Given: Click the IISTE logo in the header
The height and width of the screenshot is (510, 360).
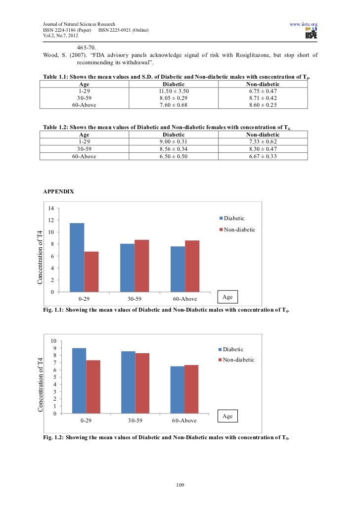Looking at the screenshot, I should (x=312, y=34).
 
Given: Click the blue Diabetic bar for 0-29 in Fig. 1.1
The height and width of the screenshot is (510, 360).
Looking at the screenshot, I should (x=77, y=257).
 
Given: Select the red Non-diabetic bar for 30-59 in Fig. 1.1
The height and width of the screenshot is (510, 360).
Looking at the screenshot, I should (x=141, y=266).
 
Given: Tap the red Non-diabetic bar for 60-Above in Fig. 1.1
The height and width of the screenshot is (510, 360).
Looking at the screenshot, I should (x=192, y=266).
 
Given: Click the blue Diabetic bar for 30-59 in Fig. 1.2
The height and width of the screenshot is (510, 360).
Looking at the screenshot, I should (x=128, y=382).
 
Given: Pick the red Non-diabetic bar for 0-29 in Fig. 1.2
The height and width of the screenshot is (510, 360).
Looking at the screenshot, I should (x=93, y=387).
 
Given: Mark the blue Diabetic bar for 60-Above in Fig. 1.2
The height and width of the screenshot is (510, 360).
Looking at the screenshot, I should (x=178, y=390).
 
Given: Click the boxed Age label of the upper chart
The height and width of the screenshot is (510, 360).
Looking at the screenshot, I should (x=228, y=297).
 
